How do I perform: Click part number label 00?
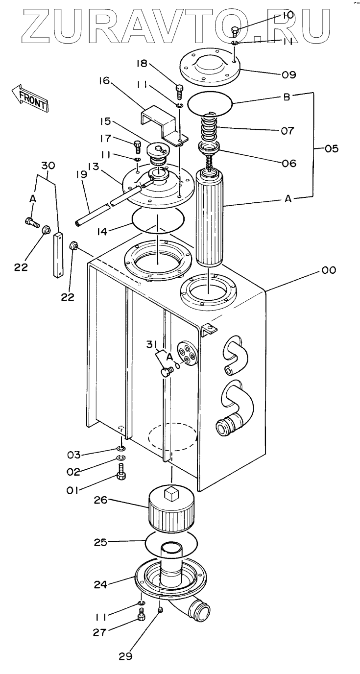coord(329,270)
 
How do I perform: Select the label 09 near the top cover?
coord(289,75)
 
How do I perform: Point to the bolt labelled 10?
coord(235,31)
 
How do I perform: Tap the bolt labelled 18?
coord(179,91)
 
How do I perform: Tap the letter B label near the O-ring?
coord(287,97)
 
